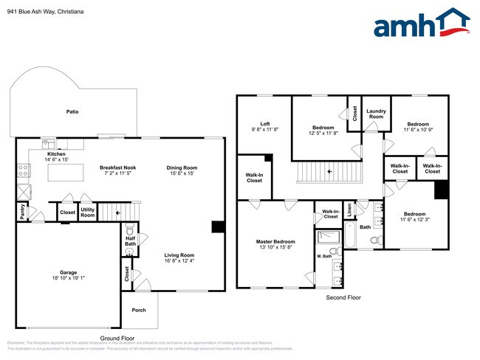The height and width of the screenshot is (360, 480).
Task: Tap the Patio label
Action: (72, 112)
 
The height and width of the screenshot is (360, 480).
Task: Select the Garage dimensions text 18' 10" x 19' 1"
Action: (68, 278)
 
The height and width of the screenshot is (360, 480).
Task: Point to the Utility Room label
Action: (88, 212)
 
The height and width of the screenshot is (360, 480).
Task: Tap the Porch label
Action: (139, 310)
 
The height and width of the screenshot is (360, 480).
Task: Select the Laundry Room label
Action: (376, 114)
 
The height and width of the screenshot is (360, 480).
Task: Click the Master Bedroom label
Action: (275, 242)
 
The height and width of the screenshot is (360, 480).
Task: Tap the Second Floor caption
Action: (343, 297)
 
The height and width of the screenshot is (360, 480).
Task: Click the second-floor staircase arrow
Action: (329, 172)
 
